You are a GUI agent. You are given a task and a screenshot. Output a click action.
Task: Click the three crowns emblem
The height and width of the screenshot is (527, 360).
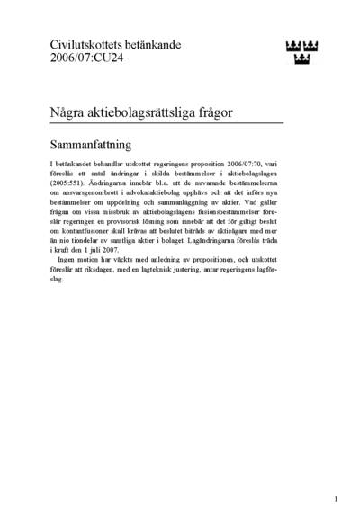point(303,52)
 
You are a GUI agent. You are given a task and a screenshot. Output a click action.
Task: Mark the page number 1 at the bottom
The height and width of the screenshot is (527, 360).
point(335,497)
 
